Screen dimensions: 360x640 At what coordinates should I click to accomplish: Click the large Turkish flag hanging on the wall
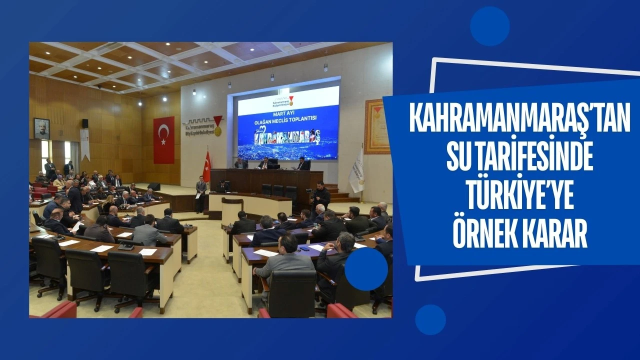click(x=163, y=140)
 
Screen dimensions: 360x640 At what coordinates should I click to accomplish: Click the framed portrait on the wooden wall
click(x=41, y=128)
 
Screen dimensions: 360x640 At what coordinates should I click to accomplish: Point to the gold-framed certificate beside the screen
click(x=376, y=126)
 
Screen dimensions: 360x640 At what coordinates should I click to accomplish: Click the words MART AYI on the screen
click(x=288, y=113)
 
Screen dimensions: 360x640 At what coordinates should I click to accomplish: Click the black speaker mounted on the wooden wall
click(x=85, y=123)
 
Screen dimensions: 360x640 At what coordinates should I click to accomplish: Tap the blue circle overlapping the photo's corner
click(x=366, y=269)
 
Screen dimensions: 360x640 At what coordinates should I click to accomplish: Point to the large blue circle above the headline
click(x=489, y=26)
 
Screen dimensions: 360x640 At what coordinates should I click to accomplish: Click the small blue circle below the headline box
click(x=430, y=319)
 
